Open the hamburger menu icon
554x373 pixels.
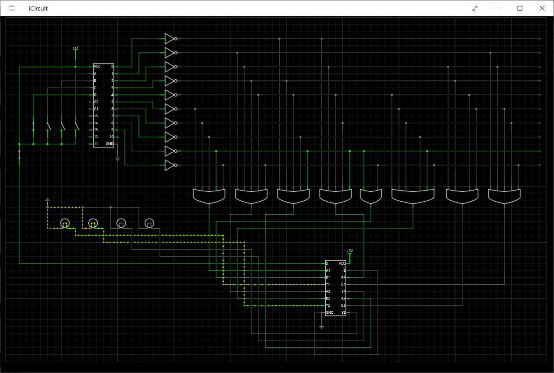click(x=12, y=8)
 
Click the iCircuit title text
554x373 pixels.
click(x=38, y=8)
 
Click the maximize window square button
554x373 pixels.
click(x=520, y=8)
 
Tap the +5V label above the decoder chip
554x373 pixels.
click(x=76, y=47)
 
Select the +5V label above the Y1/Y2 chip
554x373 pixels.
click(x=350, y=251)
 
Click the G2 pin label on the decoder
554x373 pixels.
click(x=96, y=102)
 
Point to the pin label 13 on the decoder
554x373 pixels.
click(x=96, y=130)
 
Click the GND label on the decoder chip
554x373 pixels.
click(x=110, y=144)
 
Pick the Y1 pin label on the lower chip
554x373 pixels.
click(x=328, y=284)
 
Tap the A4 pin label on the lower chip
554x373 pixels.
click(x=343, y=277)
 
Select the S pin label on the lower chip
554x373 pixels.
click(x=327, y=264)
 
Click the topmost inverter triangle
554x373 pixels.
click(x=169, y=39)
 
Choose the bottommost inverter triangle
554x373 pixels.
click(x=169, y=165)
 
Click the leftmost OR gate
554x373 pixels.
click(x=209, y=196)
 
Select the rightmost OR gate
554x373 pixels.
click(x=504, y=196)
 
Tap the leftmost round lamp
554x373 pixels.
click(x=64, y=223)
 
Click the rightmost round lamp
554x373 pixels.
click(x=149, y=223)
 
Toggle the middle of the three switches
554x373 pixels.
click(x=62, y=126)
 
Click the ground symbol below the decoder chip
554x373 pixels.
click(x=117, y=159)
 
